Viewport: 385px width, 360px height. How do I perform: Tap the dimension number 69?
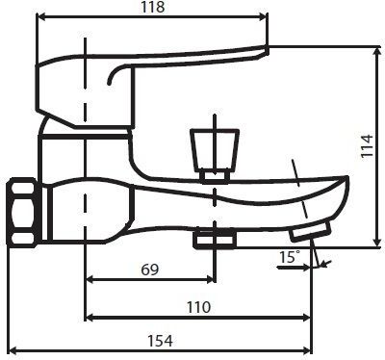[148, 270]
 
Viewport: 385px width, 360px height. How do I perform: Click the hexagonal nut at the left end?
[20, 211]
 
